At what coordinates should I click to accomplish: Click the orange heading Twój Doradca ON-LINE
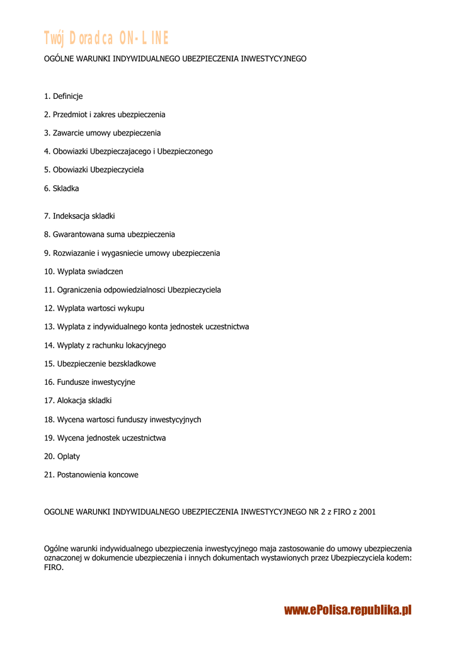pyautogui.click(x=106, y=38)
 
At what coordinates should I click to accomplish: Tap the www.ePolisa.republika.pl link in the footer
pyautogui.click(x=348, y=610)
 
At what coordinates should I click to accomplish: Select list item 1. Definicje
pyautogui.click(x=63, y=96)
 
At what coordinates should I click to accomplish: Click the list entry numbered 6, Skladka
pyautogui.click(x=62, y=188)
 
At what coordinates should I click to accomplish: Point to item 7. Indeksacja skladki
pyautogui.click(x=79, y=216)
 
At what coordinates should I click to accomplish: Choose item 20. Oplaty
pyautogui.click(x=62, y=456)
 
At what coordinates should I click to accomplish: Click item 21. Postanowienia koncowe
pyautogui.click(x=91, y=474)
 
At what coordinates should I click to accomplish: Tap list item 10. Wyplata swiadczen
pyautogui.click(x=84, y=271)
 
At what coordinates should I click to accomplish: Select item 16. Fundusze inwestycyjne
pyautogui.click(x=89, y=382)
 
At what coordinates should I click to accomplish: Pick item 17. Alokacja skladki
pyautogui.click(x=78, y=401)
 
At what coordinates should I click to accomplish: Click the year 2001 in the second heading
pyautogui.click(x=367, y=511)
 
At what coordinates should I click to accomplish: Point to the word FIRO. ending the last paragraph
pyautogui.click(x=54, y=568)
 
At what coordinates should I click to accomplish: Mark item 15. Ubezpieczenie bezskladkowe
pyautogui.click(x=100, y=364)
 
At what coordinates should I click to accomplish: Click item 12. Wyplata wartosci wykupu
pyautogui.click(x=94, y=309)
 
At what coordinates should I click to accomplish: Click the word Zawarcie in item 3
pyautogui.click(x=67, y=133)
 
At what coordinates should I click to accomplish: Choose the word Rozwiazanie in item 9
pyautogui.click(x=74, y=253)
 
